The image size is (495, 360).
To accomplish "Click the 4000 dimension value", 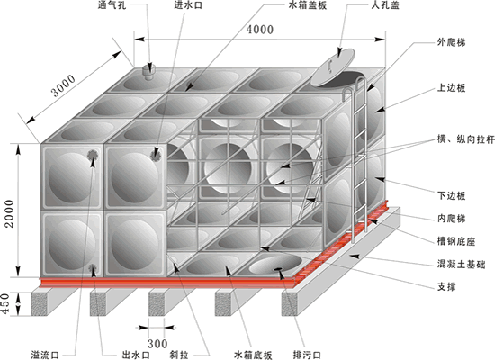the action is coord(260,30).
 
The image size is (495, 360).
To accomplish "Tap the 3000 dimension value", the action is coord(64,85).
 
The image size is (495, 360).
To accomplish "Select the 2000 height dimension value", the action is coord(10,214).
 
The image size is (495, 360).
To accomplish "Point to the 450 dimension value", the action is coord(5,304).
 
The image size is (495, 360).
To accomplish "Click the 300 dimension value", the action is coord(157,344).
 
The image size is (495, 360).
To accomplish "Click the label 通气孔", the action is coord(112,5).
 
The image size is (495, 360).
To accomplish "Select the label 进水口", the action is coord(188,5).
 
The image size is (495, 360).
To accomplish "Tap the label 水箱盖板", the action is coord(308,5).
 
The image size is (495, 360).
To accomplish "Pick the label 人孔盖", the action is coord(385,5).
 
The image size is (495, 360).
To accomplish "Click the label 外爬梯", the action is coord(451,42).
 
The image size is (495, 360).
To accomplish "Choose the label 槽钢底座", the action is coord(456,241).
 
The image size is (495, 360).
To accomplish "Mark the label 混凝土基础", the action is coord(461,264).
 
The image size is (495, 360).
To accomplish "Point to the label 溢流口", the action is coord(45,355).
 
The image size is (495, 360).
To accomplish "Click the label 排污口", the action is coord(307,355).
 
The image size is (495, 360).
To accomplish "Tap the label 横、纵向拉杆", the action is coord(465,139).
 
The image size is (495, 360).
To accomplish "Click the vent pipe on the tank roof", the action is coord(148,70).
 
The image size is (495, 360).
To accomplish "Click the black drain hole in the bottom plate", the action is coord(278,269).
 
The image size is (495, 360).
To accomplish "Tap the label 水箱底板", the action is coord(253,355).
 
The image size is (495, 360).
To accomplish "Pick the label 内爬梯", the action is coord(451,219).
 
